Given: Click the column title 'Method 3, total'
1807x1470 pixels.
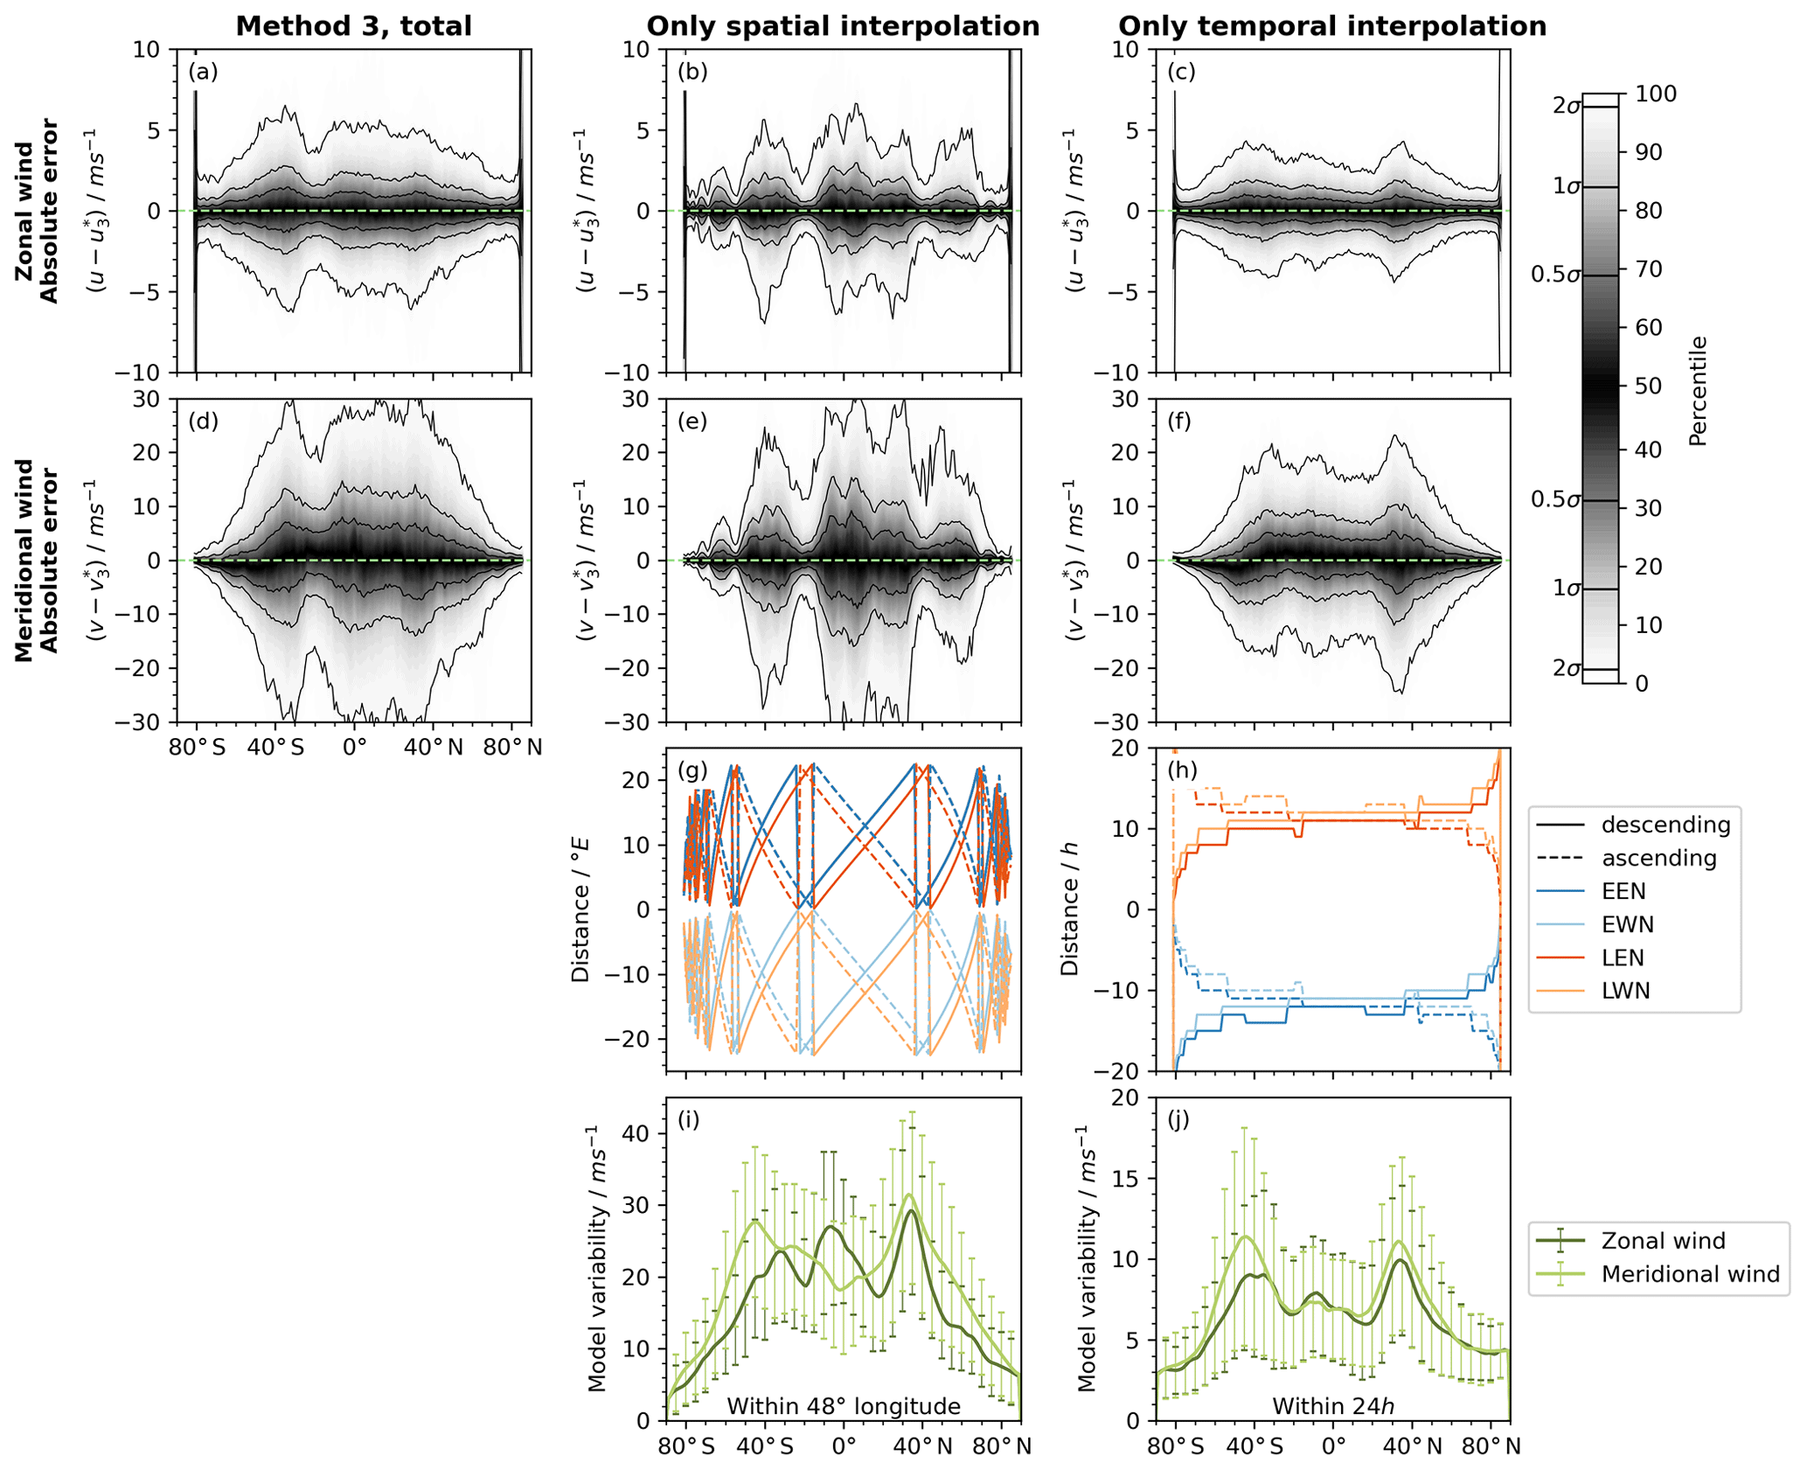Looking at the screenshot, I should (353, 26).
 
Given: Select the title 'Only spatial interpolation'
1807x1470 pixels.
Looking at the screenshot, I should (843, 26).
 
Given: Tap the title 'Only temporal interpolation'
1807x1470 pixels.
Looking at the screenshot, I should (1332, 26).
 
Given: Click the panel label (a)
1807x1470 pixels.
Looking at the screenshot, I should (203, 72).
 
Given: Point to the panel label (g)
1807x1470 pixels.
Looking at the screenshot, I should (692, 770).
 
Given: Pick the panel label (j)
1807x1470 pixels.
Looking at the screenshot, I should (1181, 1120).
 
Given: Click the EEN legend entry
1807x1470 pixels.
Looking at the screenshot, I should (1623, 891).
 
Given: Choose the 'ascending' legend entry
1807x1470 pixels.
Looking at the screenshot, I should (1658, 858).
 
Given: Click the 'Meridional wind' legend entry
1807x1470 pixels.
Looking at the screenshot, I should (1690, 1274).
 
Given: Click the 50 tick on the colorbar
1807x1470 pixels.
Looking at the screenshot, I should (1648, 386).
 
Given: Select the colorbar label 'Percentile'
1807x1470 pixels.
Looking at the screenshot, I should (1698, 391).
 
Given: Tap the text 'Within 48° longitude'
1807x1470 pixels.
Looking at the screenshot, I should (844, 1406).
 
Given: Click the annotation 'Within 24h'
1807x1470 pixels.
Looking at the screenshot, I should (1332, 1406).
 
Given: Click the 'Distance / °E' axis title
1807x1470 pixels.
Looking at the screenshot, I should (580, 909).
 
